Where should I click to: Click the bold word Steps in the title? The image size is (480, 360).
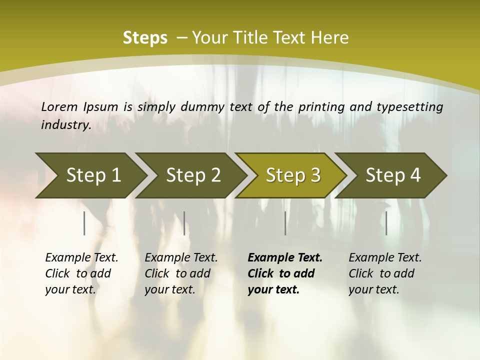145,38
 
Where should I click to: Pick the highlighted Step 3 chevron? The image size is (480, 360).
293,175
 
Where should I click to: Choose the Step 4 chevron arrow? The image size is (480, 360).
393,175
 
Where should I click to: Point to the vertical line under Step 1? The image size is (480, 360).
84,223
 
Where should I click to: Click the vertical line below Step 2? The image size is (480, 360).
184,223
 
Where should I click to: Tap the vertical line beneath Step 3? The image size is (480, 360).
285,223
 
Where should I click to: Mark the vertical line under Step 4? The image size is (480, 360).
386,223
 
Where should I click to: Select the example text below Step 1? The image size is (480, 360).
81,273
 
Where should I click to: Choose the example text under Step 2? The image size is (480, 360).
181,273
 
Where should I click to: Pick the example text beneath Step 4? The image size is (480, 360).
385,273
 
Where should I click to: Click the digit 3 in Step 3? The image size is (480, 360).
315,175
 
